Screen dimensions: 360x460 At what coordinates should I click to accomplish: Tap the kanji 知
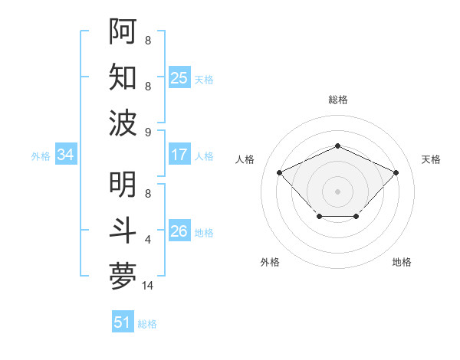click(x=123, y=77)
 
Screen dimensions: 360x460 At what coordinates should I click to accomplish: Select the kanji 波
click(x=123, y=122)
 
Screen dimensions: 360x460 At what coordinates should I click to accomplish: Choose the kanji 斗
click(x=123, y=231)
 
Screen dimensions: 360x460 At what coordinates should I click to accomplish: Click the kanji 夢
click(x=123, y=277)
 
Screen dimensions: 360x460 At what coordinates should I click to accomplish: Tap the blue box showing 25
click(x=179, y=77)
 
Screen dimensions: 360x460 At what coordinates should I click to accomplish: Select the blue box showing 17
click(x=179, y=155)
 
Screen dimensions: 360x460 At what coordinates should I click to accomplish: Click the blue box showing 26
click(x=179, y=231)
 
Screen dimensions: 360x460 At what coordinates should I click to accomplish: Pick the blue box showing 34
click(x=65, y=155)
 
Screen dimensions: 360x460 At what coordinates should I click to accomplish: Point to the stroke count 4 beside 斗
click(x=148, y=240)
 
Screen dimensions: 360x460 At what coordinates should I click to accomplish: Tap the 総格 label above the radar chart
click(x=338, y=100)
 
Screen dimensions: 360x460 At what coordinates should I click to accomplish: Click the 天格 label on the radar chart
click(x=432, y=159)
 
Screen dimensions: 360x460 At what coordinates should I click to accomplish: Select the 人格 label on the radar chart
click(x=245, y=159)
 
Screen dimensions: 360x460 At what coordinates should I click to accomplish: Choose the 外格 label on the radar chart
click(x=270, y=262)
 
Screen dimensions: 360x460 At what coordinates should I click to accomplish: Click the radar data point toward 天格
click(x=396, y=172)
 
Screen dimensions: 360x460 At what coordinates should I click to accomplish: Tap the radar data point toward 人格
click(x=280, y=172)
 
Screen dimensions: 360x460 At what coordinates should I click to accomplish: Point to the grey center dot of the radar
click(x=338, y=191)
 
